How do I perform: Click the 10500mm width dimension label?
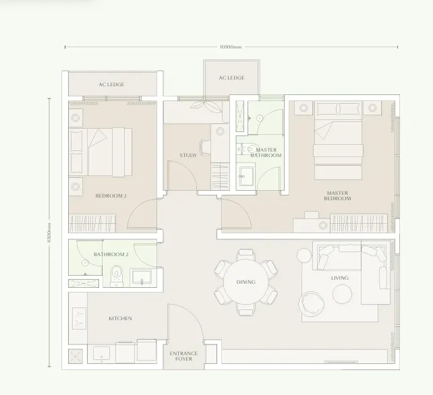(x=231, y=47)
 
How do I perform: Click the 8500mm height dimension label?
(x=49, y=233)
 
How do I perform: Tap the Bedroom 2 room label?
(x=111, y=195)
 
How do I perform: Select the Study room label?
(x=188, y=155)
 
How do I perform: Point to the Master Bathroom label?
(x=266, y=152)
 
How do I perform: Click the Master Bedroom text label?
(x=337, y=195)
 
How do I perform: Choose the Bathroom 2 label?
(x=111, y=254)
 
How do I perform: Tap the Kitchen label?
(x=120, y=318)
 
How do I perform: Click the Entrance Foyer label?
(x=183, y=356)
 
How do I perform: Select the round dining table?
(x=246, y=282)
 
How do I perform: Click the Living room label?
(x=340, y=278)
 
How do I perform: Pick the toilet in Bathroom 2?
(x=117, y=276)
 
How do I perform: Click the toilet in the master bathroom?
(x=248, y=150)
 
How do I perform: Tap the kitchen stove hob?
(x=80, y=318)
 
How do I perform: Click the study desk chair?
(x=204, y=147)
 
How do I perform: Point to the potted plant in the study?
(x=206, y=106)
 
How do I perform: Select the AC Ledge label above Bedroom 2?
(x=111, y=84)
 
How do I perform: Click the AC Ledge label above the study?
(x=232, y=78)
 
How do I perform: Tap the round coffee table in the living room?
(x=342, y=295)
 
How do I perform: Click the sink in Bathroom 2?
(x=142, y=276)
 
